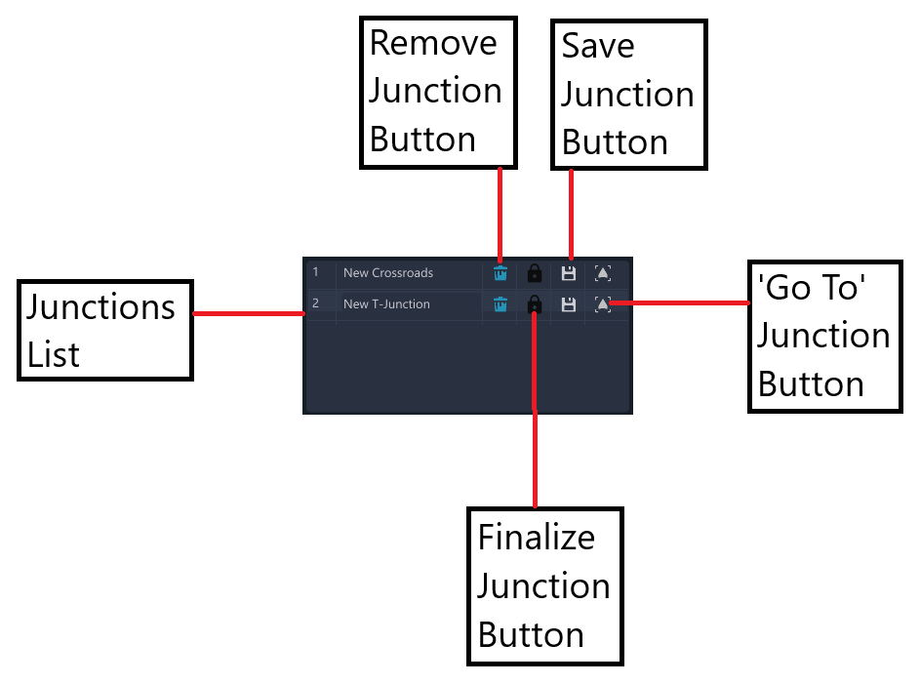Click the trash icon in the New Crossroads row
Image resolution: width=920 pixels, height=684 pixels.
500,273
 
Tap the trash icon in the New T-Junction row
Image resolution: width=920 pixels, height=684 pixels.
500,304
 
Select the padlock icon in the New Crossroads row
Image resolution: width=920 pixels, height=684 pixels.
535,273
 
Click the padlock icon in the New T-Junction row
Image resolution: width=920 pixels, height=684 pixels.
535,304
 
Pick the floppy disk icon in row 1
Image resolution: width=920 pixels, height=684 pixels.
569,273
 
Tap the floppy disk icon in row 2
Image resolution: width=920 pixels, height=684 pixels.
569,304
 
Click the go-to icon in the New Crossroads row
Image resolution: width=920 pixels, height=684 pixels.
603,273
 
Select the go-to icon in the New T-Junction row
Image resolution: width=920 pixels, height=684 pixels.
603,304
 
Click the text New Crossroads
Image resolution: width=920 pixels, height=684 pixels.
388,273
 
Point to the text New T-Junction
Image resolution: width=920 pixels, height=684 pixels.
386,303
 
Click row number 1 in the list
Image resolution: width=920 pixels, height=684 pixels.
316,272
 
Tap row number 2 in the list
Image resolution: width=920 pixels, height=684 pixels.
316,303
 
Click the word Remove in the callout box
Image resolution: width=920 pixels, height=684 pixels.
433,43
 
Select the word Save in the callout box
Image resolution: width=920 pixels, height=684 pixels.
598,46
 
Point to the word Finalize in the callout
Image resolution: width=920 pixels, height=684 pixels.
537,538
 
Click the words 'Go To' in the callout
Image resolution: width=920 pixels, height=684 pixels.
812,288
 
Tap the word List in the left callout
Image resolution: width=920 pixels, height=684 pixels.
54,355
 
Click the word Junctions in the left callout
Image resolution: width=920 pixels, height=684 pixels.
100,307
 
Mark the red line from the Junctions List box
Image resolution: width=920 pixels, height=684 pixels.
249,314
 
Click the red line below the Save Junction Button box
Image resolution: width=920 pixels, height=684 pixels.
571,215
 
